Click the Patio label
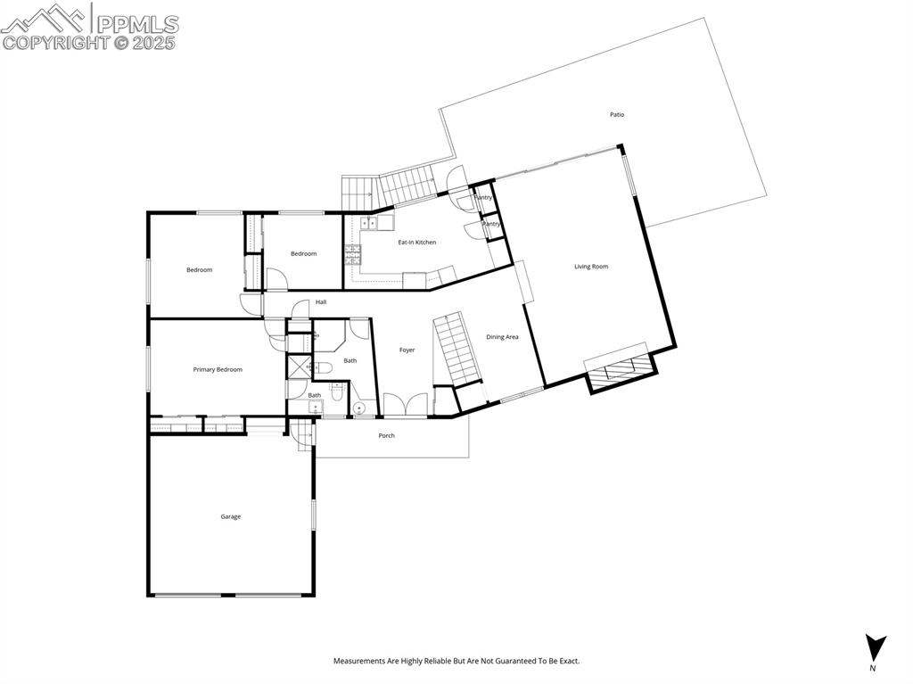point(617,114)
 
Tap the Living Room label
point(591,267)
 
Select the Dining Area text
point(502,337)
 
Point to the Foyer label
point(407,350)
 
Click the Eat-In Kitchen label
point(416,243)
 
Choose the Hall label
point(320,301)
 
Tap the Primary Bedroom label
point(218,369)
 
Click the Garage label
point(231,516)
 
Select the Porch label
point(386,435)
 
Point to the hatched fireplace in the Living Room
point(619,369)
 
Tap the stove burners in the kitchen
point(353,255)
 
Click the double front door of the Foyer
point(406,407)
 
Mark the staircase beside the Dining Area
point(456,349)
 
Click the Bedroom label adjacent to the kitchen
point(303,254)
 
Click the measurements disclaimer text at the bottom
point(456,661)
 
